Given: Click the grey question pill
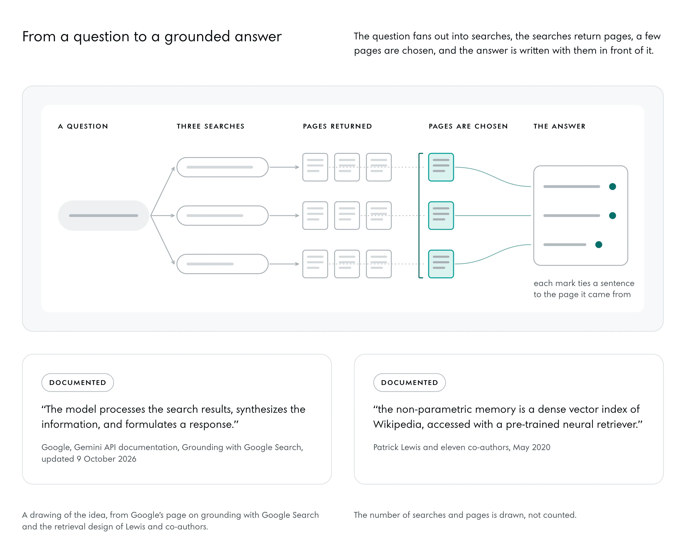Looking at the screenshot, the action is pos(103,215).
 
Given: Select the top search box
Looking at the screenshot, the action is pos(223,167).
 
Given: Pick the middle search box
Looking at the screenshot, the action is pos(223,215).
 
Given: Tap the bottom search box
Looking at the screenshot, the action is pos(223,264).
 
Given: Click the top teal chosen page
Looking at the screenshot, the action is pos(441,167).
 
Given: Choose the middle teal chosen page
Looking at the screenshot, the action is pos(441,215).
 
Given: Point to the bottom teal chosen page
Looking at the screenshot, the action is pos(441,264).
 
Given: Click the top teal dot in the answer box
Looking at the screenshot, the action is pos(612,187).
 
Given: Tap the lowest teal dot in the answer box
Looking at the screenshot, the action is pos(599,245).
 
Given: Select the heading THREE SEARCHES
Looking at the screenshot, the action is pos(211,126).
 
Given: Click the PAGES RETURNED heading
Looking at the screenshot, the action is pos(337,126).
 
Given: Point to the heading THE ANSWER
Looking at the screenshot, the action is pos(559,126).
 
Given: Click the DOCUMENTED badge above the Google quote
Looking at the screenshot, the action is pos(78,383).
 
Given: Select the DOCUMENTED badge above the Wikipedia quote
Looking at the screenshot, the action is pos(409,383).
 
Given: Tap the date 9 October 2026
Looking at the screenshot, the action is pos(106,459).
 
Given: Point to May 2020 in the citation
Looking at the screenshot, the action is pos(532,447).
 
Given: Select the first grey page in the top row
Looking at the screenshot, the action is pos(315,167).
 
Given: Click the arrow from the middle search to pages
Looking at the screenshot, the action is pos(284,215).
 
